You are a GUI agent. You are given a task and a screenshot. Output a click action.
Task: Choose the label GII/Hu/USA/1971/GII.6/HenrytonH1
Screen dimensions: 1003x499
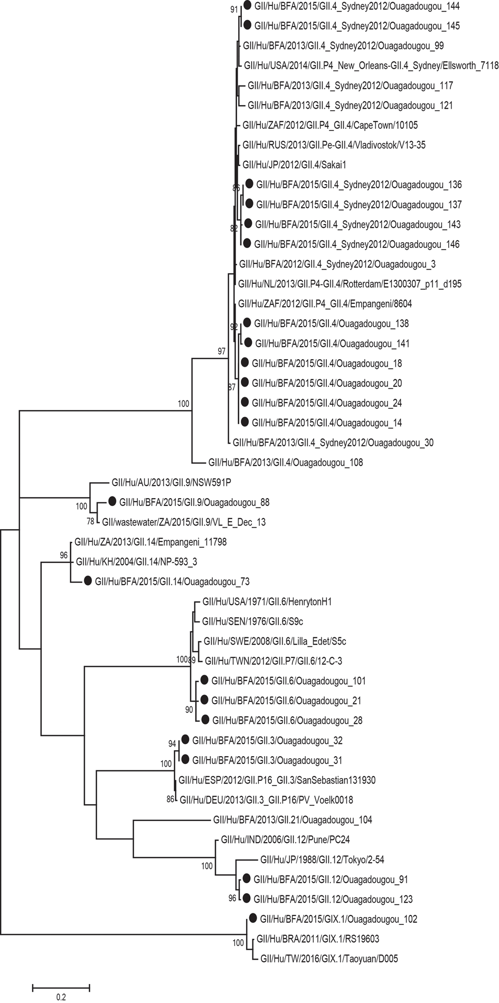point(267,601)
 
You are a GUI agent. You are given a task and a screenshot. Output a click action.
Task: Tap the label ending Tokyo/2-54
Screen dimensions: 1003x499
point(322,859)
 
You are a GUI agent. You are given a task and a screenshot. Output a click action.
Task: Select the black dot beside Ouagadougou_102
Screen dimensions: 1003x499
point(252,918)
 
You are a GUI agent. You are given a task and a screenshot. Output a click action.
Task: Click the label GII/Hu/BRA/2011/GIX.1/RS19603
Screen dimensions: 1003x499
point(317,939)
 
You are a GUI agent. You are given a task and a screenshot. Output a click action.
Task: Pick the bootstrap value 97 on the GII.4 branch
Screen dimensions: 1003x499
point(221,351)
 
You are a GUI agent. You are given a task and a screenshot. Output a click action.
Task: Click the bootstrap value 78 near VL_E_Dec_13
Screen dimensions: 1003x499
point(90,521)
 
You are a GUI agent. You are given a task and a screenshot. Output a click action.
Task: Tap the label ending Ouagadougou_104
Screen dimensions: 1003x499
point(293,820)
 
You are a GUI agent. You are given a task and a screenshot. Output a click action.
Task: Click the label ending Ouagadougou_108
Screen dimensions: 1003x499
point(286,462)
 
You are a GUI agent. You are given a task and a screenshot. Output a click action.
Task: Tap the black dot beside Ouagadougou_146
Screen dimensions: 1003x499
point(246,243)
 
